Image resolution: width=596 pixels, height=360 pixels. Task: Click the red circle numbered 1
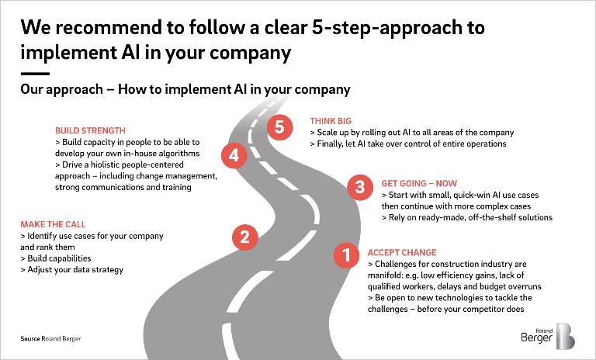pyautogui.click(x=346, y=254)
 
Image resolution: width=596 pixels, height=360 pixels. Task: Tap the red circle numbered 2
pyautogui.click(x=244, y=237)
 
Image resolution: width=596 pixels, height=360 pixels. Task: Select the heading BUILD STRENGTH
pyautogui.click(x=90, y=131)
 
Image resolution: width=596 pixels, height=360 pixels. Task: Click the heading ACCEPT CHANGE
pyautogui.click(x=401, y=253)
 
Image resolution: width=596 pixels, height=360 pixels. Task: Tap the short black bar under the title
pyautogui.click(x=35, y=74)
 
